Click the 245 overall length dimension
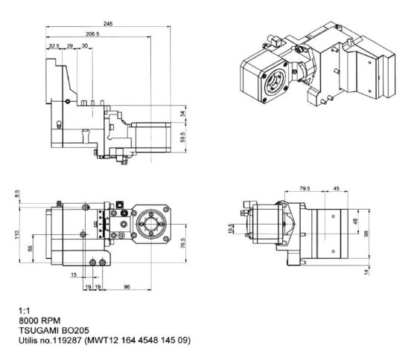pos(109,25)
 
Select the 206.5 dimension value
pos(94,34)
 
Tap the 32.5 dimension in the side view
pos(54,46)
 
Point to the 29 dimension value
pos(69,46)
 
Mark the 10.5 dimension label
pos(232,228)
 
